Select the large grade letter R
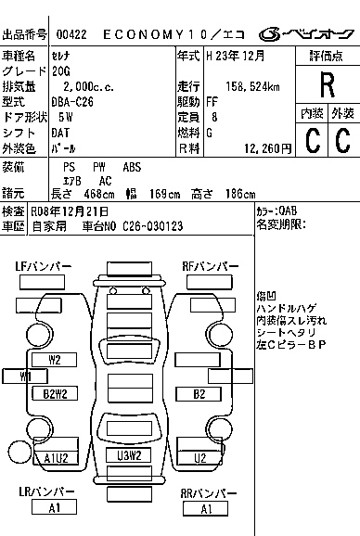pos(327,85)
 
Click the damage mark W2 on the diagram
pos(55,358)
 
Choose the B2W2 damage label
pos(55,393)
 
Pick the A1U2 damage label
pos(55,457)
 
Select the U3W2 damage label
pos(129,455)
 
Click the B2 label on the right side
pos(199,393)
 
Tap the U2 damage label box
pos(199,457)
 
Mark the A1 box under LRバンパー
pos(55,507)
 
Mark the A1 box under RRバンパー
pos(207,507)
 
